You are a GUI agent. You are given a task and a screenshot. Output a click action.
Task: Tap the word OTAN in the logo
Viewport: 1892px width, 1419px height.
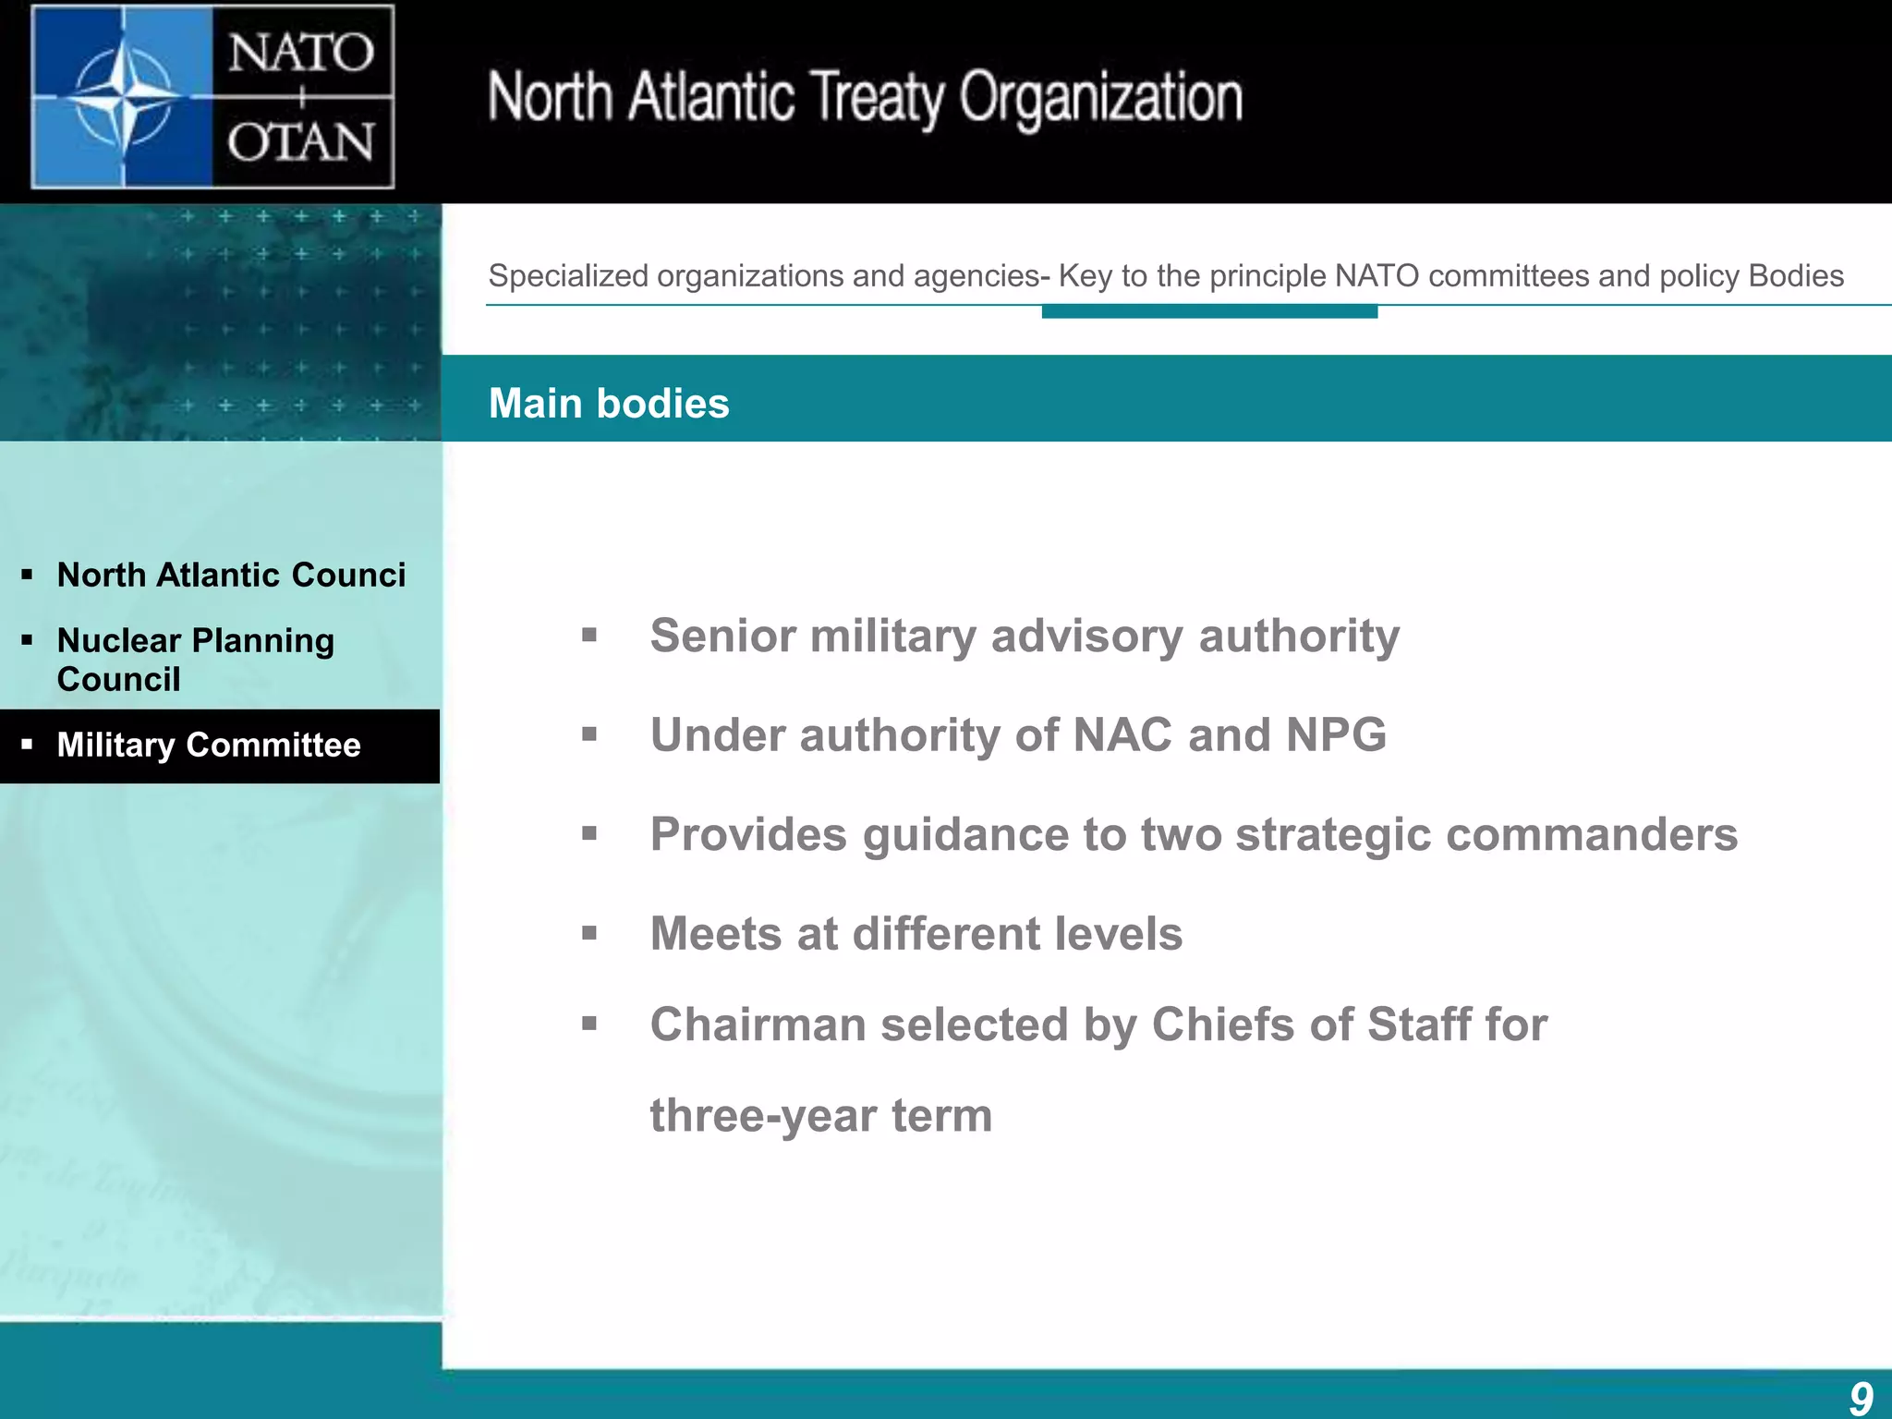point(300,143)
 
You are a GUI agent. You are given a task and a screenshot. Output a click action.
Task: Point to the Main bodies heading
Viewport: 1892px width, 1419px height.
point(609,404)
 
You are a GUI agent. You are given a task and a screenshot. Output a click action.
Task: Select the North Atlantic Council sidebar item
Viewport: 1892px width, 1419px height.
point(231,575)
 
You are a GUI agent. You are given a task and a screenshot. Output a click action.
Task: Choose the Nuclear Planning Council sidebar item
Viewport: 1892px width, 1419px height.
point(195,660)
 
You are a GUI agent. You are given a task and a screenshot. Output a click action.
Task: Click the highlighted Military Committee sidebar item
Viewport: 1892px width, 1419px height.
point(209,745)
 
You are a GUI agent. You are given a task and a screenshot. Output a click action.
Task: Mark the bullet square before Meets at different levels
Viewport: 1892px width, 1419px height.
point(589,933)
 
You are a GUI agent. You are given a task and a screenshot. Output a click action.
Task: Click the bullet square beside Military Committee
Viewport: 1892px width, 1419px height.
point(27,744)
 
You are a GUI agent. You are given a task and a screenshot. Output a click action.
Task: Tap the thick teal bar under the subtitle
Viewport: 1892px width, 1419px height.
point(1209,312)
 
